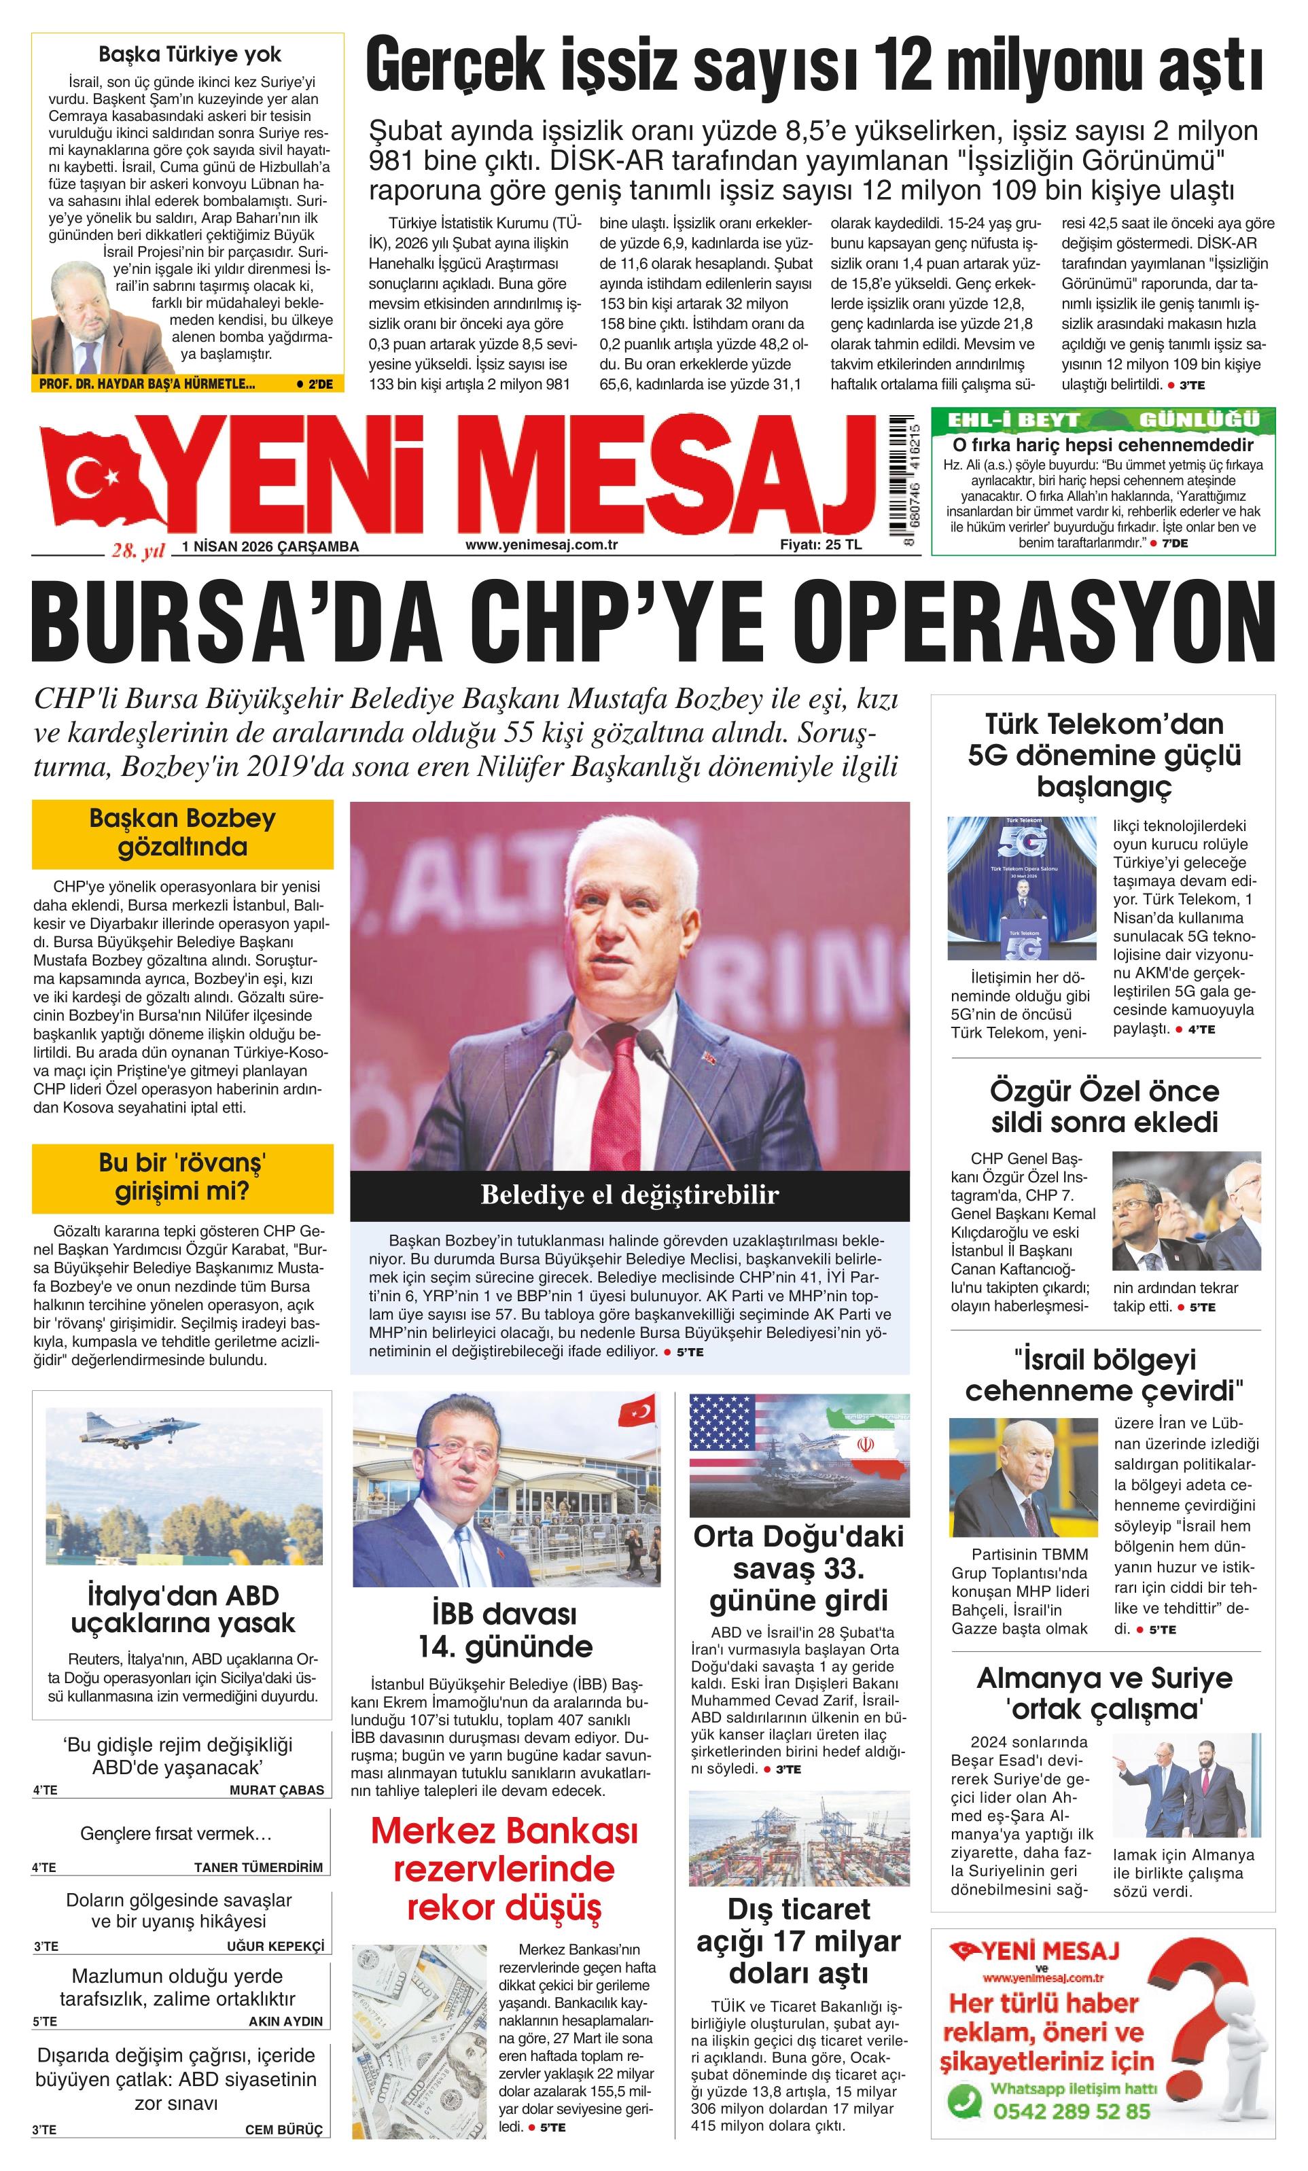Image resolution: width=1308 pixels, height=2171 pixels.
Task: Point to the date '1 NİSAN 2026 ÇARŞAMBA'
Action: pyautogui.click(x=270, y=546)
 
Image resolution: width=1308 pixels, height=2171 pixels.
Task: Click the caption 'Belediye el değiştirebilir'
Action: pyautogui.click(x=629, y=1196)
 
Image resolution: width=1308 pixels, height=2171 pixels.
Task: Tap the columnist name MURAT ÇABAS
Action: pyautogui.click(x=276, y=1790)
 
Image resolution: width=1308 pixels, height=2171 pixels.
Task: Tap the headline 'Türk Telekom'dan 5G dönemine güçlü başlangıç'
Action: pyautogui.click(x=1103, y=755)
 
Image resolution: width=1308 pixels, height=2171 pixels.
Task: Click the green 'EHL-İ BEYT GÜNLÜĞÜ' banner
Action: pyautogui.click(x=1102, y=419)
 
